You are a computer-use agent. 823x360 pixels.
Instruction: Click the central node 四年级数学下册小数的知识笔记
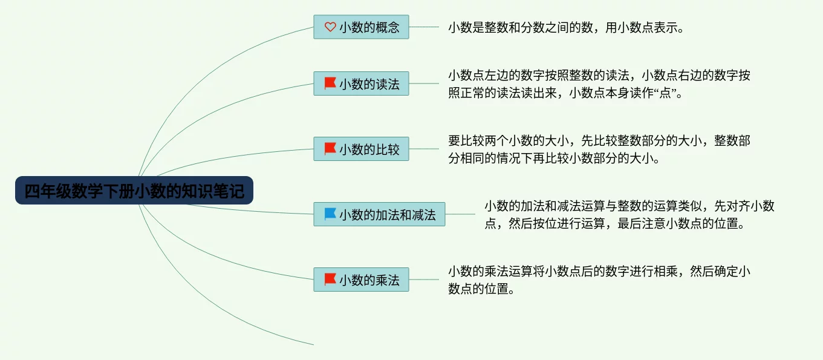pos(134,191)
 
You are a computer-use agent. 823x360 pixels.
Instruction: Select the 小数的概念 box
pos(361,27)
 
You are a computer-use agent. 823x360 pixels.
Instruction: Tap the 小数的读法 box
pos(361,83)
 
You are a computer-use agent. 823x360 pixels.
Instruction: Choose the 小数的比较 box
pos(361,149)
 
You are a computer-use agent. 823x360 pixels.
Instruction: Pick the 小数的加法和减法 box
pos(379,214)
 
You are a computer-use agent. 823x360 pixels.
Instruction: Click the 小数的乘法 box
pos(361,280)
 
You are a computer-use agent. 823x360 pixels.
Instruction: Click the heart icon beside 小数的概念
pos(330,27)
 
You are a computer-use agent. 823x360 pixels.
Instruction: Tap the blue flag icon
pos(330,214)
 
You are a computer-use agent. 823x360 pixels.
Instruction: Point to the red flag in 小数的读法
pos(330,83)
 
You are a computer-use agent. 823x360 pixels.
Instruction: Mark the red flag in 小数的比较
pos(330,149)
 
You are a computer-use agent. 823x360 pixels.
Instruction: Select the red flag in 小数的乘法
pos(330,279)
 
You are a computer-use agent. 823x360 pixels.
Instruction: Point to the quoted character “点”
pos(665,93)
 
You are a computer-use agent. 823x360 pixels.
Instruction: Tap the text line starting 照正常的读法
pos(565,93)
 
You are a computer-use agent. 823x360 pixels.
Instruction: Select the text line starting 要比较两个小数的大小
pos(599,140)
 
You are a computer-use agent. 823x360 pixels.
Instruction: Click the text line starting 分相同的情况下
pos(554,158)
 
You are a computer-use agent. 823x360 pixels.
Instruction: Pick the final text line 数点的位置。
pos(481,289)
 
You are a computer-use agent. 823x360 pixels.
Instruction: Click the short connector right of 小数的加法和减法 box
pos(460,214)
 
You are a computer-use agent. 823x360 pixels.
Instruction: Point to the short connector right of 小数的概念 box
pos(424,27)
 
